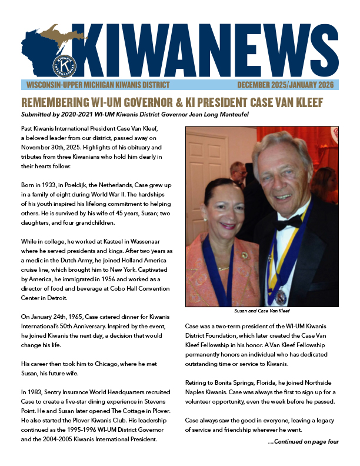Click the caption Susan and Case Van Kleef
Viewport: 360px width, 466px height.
[x=262, y=310]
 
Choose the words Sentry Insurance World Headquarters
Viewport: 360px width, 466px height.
[x=89, y=391]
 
